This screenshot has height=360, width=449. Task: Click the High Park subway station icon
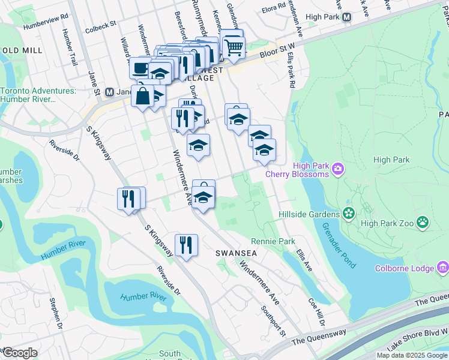coord(347,17)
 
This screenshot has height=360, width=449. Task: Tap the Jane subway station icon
coord(109,92)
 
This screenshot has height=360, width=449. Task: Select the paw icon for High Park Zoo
coord(423,223)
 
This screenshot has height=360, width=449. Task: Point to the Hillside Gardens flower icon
coord(348,214)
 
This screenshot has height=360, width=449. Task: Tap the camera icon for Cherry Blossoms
coord(338,169)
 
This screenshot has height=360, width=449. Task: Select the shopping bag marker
coord(143,96)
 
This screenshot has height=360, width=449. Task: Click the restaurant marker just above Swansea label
coord(186,245)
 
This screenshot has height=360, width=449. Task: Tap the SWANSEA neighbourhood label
coord(237,254)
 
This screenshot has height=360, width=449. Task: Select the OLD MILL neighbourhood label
coord(20,50)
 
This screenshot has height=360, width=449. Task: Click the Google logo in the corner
coord(19,353)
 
